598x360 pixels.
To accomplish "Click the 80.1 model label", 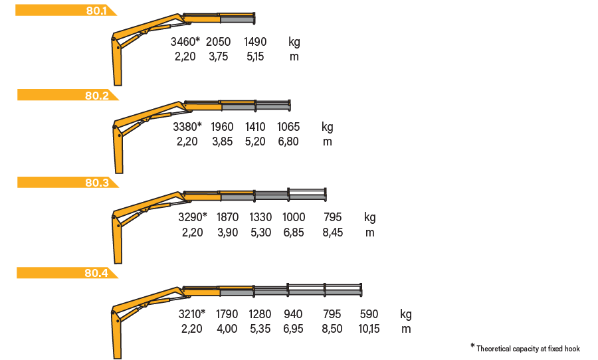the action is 96,11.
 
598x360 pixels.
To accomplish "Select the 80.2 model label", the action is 97,96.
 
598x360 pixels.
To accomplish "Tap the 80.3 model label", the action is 97,183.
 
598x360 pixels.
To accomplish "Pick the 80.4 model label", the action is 96,273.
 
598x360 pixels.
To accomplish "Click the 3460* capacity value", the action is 185,42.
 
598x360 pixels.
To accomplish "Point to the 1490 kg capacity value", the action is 255,42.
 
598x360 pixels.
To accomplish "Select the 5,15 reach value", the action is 255,56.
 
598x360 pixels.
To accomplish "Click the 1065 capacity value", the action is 288,127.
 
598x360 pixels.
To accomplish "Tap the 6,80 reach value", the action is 288,141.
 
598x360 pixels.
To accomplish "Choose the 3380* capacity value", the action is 187,127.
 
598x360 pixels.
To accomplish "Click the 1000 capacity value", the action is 294,217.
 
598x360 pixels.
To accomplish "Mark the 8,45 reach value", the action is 333,232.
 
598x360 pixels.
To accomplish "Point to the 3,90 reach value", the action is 228,232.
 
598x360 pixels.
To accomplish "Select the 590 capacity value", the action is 369,314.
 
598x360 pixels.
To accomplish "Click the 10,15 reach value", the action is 369,329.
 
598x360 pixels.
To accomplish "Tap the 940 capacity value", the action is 293,314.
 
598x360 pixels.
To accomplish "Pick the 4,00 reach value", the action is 227,329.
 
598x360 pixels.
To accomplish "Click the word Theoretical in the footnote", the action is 494,349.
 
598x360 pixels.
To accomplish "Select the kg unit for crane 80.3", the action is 370,218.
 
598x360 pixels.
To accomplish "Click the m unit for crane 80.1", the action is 294,57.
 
